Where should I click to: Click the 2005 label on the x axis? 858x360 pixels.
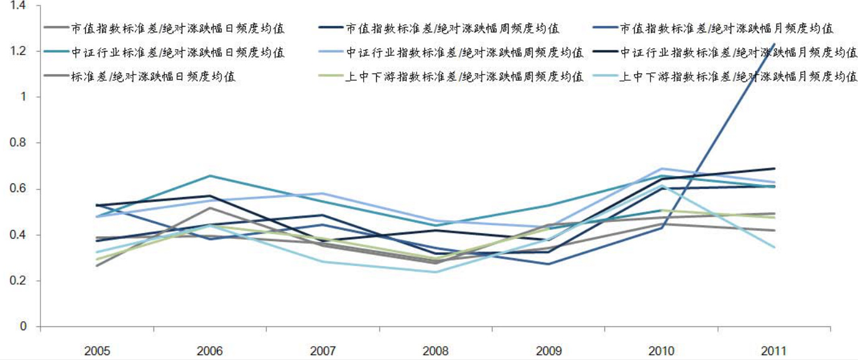[97, 350]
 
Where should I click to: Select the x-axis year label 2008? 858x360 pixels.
[435, 350]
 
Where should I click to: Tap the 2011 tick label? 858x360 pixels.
[773, 350]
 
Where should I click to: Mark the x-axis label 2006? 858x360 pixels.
[210, 350]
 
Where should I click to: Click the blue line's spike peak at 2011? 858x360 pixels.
[774, 44]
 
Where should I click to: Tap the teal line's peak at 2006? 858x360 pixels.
[210, 175]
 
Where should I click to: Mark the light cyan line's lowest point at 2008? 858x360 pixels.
[435, 272]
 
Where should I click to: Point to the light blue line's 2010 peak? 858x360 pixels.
[662, 168]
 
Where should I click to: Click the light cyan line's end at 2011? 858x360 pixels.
[774, 247]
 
